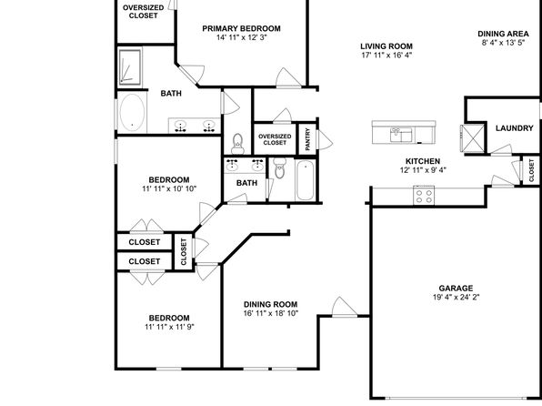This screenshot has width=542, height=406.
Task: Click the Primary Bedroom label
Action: click(x=241, y=28)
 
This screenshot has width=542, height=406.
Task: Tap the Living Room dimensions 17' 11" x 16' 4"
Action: click(x=386, y=56)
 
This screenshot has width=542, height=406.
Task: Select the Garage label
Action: click(x=456, y=288)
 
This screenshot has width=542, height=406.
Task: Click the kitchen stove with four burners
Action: click(x=424, y=196)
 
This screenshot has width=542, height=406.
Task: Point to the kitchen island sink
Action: click(x=401, y=135)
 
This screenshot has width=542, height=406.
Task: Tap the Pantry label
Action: click(x=307, y=139)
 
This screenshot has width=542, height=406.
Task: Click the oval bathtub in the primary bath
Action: click(x=132, y=113)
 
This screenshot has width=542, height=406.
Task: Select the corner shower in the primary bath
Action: click(x=130, y=67)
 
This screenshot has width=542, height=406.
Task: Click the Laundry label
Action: click(x=515, y=128)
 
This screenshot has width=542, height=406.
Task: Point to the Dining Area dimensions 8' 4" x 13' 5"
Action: click(x=503, y=43)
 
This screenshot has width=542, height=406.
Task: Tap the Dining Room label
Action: click(x=271, y=304)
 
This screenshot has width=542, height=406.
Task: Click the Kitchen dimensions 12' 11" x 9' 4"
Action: click(x=423, y=170)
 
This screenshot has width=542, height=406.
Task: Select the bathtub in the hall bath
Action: click(x=306, y=180)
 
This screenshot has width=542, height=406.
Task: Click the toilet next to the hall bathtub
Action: click(x=280, y=167)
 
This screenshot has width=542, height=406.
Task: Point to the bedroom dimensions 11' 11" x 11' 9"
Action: click(x=169, y=327)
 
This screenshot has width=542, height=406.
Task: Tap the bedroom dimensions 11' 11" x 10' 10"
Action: click(x=169, y=188)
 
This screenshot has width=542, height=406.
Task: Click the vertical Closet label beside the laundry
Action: click(x=531, y=170)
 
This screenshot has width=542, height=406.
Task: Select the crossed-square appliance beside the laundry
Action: click(x=473, y=138)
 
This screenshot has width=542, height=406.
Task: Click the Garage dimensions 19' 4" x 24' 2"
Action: click(x=456, y=297)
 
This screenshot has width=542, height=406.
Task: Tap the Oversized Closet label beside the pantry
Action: click(x=275, y=139)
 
